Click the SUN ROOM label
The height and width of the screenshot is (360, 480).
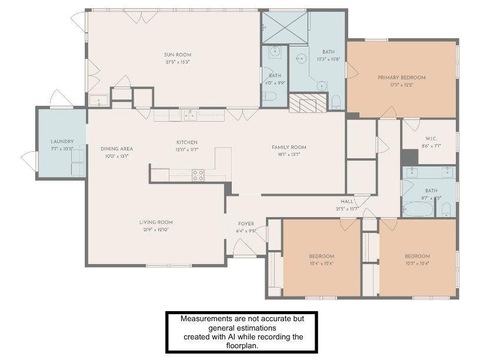click(178, 55)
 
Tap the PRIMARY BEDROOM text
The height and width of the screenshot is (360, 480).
click(401, 78)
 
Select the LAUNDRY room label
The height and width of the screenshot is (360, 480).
click(62, 141)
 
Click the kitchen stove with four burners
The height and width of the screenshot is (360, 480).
click(198, 175)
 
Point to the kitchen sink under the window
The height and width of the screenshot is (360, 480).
click(190, 115)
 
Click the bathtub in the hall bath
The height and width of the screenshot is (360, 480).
click(418, 209)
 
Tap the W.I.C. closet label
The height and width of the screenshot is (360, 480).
click(431, 138)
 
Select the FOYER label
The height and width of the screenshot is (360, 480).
click(246, 224)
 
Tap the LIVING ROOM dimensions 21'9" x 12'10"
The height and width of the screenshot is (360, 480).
click(156, 229)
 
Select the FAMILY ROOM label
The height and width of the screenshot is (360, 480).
click(289, 147)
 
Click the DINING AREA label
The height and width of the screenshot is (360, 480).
click(116, 149)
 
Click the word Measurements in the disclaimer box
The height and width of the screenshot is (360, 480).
click(208, 318)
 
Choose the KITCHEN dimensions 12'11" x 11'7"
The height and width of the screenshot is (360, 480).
click(187, 150)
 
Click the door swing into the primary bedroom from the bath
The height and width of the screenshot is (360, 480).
click(352, 71)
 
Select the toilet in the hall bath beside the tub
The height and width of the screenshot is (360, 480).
click(446, 209)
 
